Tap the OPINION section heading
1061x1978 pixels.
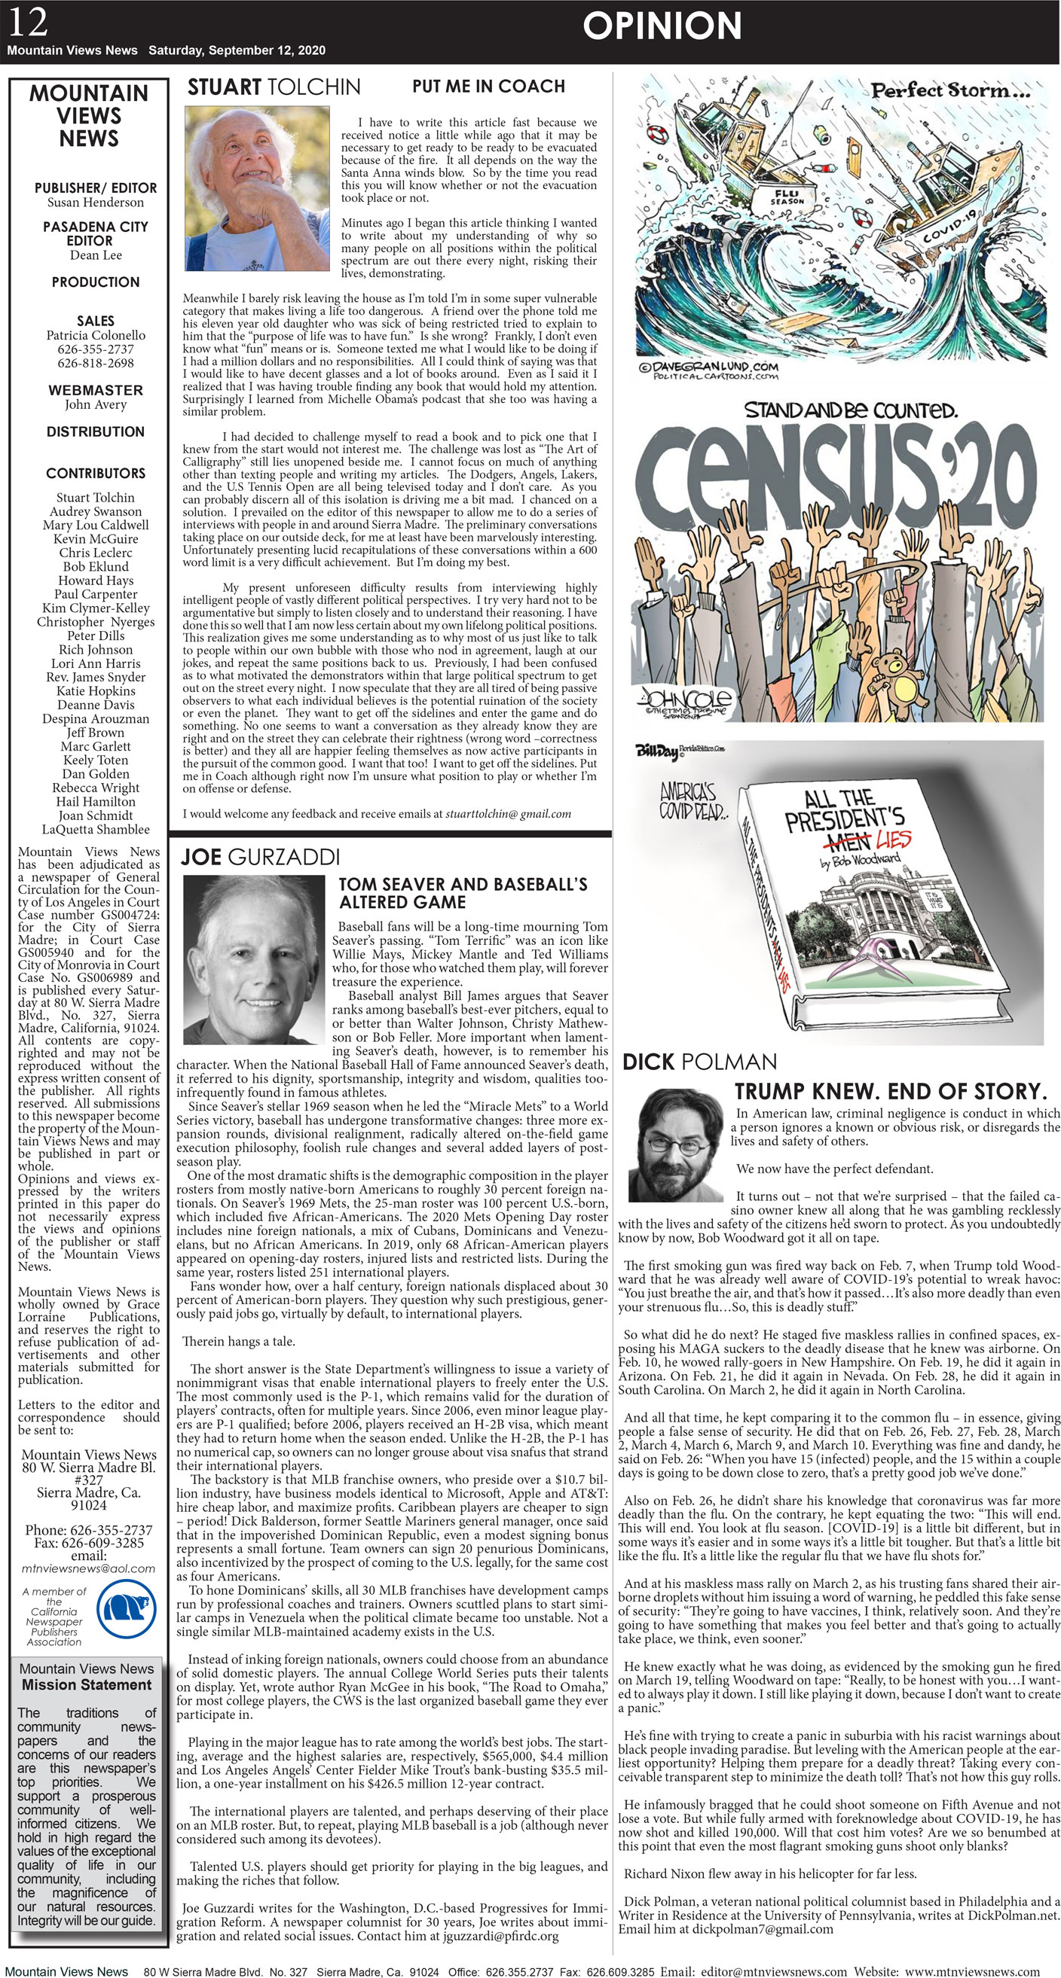pyautogui.click(x=662, y=26)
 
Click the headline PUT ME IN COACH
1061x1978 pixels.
pyautogui.click(x=488, y=86)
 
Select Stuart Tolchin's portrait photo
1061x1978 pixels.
pyautogui.click(x=258, y=188)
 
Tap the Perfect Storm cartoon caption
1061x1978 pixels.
pyautogui.click(x=949, y=90)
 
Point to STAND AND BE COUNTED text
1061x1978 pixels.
pyautogui.click(x=852, y=410)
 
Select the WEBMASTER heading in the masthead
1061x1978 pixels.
pyautogui.click(x=95, y=390)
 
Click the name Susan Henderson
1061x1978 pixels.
pyautogui.click(x=95, y=203)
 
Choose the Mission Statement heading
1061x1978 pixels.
pyautogui.click(x=86, y=1684)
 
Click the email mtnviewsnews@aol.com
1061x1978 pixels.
pyautogui.click(x=88, y=1568)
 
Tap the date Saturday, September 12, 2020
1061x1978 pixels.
pyautogui.click(x=237, y=50)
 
